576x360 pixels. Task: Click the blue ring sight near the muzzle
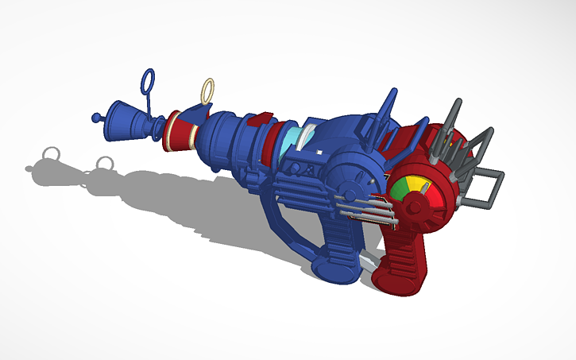point(147,81)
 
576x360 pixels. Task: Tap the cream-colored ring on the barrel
point(207,90)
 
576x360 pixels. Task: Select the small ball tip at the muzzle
point(97,118)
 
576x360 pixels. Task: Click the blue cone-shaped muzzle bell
point(119,118)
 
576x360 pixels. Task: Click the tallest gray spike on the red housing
point(456,116)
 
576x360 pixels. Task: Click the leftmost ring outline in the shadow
point(52,152)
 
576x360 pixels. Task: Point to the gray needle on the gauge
point(426,188)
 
